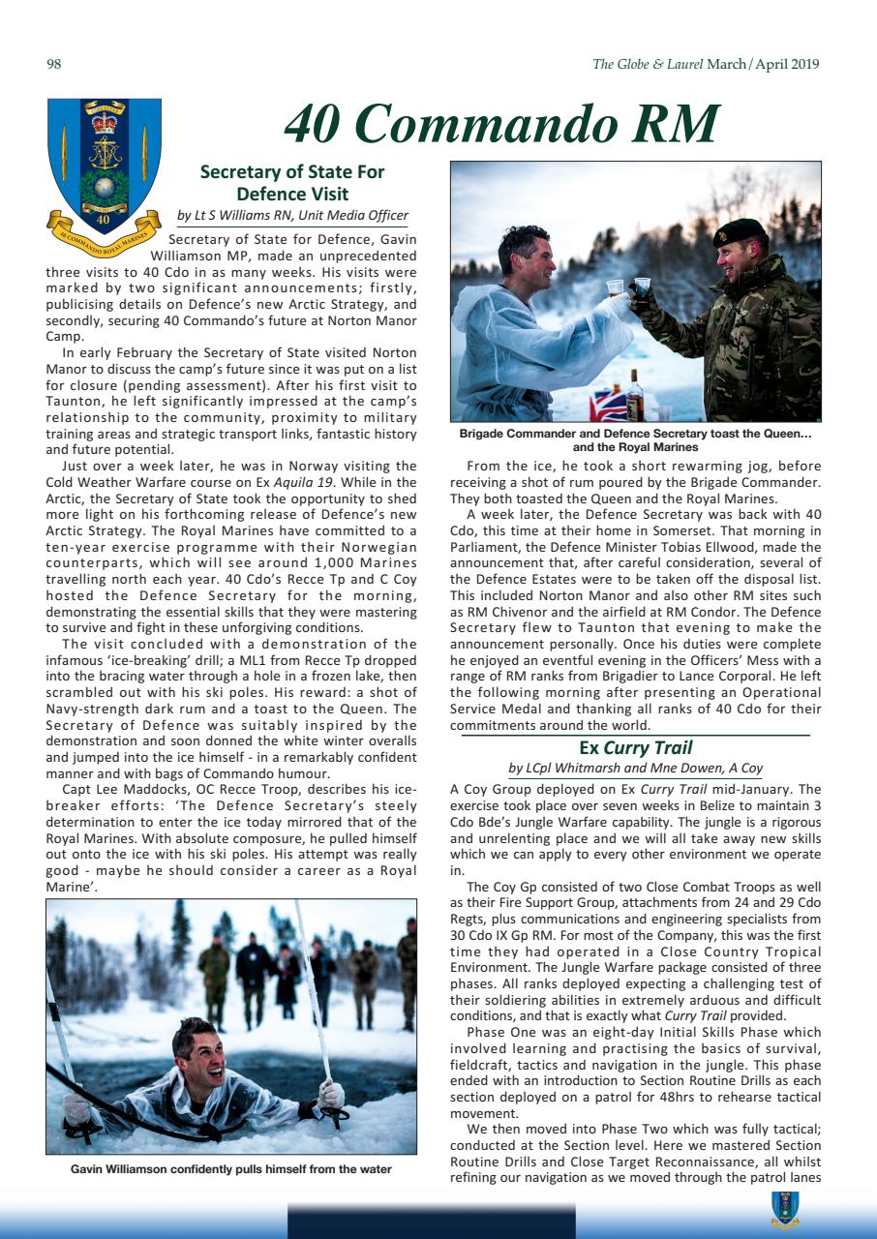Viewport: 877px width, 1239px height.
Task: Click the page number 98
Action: click(54, 65)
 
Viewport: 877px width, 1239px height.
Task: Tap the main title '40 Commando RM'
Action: click(501, 125)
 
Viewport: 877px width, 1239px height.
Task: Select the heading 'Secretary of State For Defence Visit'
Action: click(291, 183)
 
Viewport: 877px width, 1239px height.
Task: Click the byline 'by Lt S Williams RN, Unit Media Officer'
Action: click(291, 216)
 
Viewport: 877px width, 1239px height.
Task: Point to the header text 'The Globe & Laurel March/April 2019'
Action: click(706, 65)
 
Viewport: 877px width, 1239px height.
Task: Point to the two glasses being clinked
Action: click(626, 287)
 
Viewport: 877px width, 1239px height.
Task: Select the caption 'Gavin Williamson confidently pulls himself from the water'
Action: click(231, 1169)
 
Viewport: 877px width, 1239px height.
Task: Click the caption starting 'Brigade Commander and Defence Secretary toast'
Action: click(635, 440)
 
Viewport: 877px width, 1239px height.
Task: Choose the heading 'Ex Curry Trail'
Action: click(635, 747)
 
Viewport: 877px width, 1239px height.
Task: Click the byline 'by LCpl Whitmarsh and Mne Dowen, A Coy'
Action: click(635, 769)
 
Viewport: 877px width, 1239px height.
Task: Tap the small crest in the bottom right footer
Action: click(784, 1205)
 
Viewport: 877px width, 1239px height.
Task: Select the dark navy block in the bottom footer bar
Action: click(431, 1221)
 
